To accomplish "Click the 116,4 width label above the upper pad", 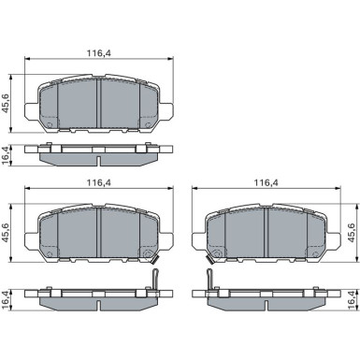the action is click(99, 53).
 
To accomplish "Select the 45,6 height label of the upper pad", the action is click(7, 103).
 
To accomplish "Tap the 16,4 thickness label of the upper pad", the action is click(7, 154).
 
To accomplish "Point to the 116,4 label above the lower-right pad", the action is click(266, 183).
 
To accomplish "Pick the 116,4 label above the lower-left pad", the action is click(99, 183).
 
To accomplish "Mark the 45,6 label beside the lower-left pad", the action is click(7, 233).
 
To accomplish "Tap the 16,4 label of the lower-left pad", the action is click(7, 300).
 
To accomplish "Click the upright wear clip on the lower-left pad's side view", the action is click(155, 280).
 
